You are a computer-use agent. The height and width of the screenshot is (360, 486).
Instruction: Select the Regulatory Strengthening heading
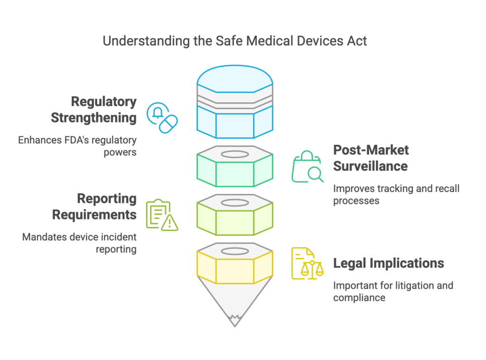coord(93,110)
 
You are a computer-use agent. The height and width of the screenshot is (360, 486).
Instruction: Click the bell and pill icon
coord(162,118)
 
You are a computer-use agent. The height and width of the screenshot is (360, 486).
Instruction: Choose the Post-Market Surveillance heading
coord(371,158)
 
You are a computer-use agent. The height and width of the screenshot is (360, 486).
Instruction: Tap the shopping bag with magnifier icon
coord(308,167)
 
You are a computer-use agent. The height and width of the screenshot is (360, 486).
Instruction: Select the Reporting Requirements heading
coord(94,207)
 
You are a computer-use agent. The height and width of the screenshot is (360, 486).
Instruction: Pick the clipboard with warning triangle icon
coord(162,215)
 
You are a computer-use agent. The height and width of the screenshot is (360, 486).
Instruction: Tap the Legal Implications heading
coord(389,263)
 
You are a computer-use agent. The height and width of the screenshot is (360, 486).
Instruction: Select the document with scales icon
coord(308,263)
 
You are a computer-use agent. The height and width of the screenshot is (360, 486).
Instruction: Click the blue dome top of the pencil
coord(235,79)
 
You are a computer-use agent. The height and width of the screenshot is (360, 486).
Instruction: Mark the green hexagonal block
coord(235,167)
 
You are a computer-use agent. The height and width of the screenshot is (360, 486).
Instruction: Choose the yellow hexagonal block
coord(235,264)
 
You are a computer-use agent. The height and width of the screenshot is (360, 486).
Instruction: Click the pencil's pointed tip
coord(234,326)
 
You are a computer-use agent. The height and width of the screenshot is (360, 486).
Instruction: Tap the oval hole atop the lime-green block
coord(235,203)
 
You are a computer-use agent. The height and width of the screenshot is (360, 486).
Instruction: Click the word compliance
coord(359,298)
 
